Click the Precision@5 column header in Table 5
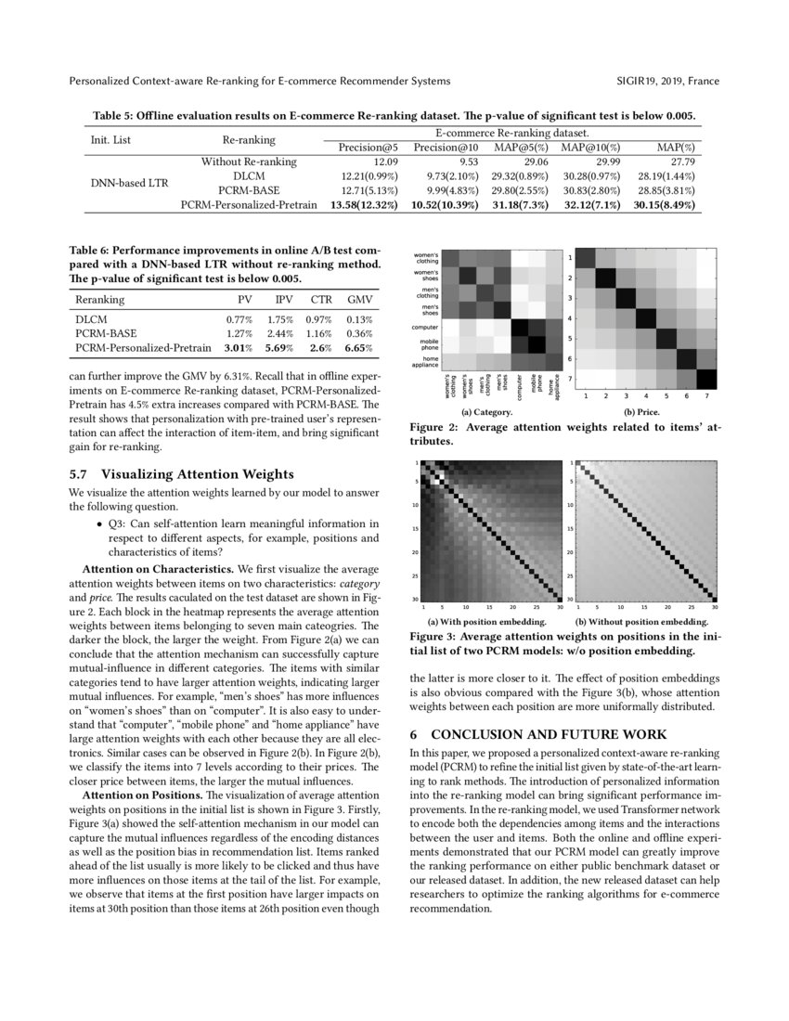click(x=369, y=148)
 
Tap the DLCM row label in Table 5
click(x=249, y=175)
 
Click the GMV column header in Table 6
click(x=359, y=300)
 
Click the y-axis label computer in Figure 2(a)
click(x=425, y=327)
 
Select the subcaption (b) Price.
click(x=642, y=410)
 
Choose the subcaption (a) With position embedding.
click(x=486, y=621)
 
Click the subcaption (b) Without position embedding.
click(x=641, y=621)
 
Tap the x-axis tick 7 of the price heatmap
click(x=706, y=396)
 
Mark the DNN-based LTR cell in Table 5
click(x=129, y=183)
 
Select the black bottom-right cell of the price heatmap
click(x=706, y=379)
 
